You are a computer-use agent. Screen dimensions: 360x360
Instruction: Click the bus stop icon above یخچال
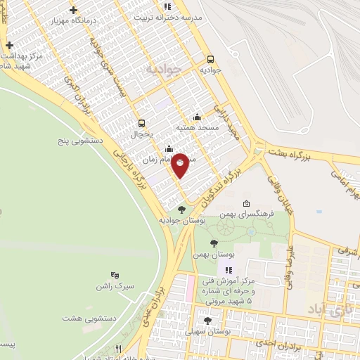142,122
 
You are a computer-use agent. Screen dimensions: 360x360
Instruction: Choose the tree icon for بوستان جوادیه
181,210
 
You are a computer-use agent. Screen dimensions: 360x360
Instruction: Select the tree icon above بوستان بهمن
214,243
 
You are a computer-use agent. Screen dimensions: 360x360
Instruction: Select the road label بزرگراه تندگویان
223,184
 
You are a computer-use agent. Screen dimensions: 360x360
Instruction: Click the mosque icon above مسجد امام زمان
169,149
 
